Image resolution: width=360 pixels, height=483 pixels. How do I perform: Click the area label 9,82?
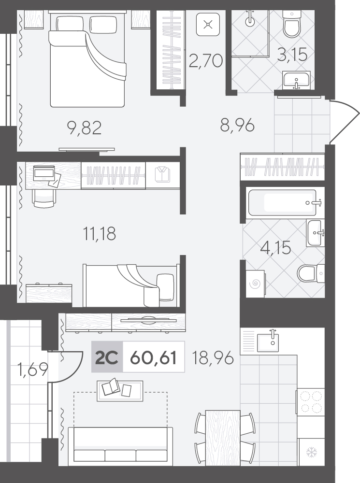point(85,128)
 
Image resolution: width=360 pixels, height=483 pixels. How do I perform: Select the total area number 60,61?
point(154,357)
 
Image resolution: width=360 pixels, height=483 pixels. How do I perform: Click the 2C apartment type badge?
point(107,357)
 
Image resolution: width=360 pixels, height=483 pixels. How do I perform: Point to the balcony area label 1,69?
point(33,369)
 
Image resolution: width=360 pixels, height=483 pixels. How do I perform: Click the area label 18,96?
point(212,357)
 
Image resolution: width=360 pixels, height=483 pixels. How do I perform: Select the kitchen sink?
point(268,342)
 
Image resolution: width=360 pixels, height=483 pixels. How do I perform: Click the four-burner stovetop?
point(311,402)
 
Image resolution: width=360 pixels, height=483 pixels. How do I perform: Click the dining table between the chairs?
point(223,438)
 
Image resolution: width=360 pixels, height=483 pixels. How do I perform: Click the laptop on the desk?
point(44,173)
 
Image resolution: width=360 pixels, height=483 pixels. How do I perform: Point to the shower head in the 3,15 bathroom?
point(250,20)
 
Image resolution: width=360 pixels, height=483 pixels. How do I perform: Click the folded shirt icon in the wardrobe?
point(162,175)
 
